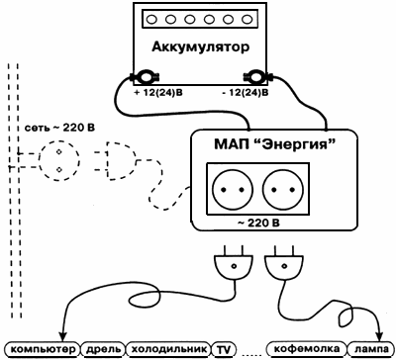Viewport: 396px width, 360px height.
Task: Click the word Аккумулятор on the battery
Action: click(x=200, y=47)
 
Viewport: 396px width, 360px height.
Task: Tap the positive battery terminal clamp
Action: click(x=145, y=78)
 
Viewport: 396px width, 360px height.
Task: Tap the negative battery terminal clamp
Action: click(x=256, y=78)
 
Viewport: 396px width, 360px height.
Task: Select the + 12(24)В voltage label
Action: click(x=158, y=93)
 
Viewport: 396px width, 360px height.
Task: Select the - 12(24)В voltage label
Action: click(x=246, y=93)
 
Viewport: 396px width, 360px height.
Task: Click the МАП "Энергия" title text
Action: click(x=275, y=144)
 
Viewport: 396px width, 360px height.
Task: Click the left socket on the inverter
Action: click(x=233, y=190)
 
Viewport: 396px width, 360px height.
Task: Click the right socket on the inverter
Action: click(x=283, y=190)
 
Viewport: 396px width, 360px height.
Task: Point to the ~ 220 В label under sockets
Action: click(x=258, y=224)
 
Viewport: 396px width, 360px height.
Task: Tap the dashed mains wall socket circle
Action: click(x=59, y=160)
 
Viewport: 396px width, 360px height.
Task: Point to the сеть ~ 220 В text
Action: click(x=59, y=128)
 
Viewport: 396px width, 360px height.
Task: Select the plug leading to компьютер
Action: click(x=234, y=262)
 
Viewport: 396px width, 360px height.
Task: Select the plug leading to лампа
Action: click(x=284, y=262)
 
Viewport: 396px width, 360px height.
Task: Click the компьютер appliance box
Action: click(x=43, y=349)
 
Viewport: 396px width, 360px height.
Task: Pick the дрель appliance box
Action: click(x=103, y=349)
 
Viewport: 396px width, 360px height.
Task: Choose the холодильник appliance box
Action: click(x=168, y=349)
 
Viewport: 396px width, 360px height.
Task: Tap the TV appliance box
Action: click(x=223, y=350)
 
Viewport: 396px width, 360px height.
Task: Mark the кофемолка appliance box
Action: click(x=307, y=349)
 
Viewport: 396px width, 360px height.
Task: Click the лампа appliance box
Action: click(x=369, y=349)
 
